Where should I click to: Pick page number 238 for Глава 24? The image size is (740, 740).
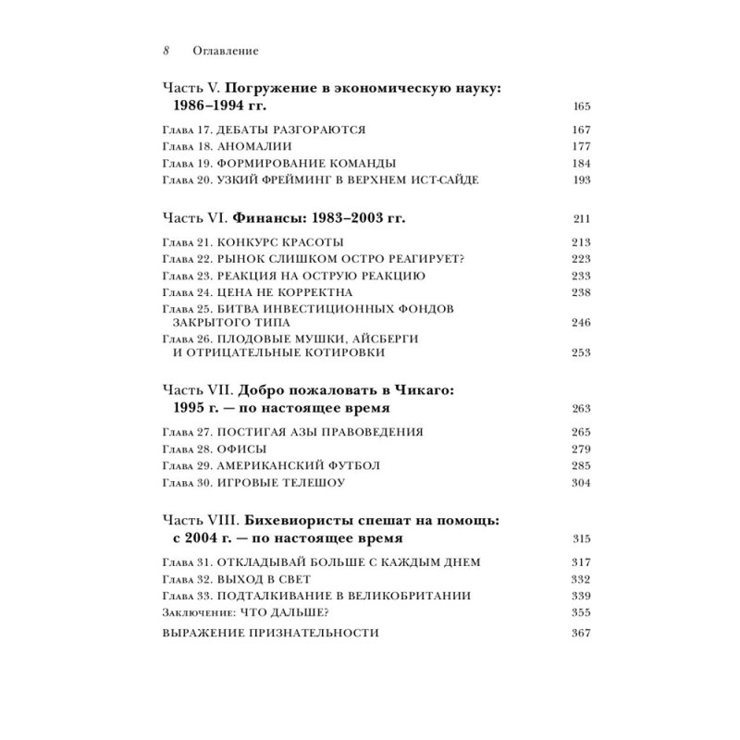click(581, 292)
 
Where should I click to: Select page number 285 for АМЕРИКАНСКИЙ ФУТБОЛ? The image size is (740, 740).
click(581, 466)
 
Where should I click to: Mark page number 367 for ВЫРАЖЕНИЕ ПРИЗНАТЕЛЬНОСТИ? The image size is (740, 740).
click(581, 634)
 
